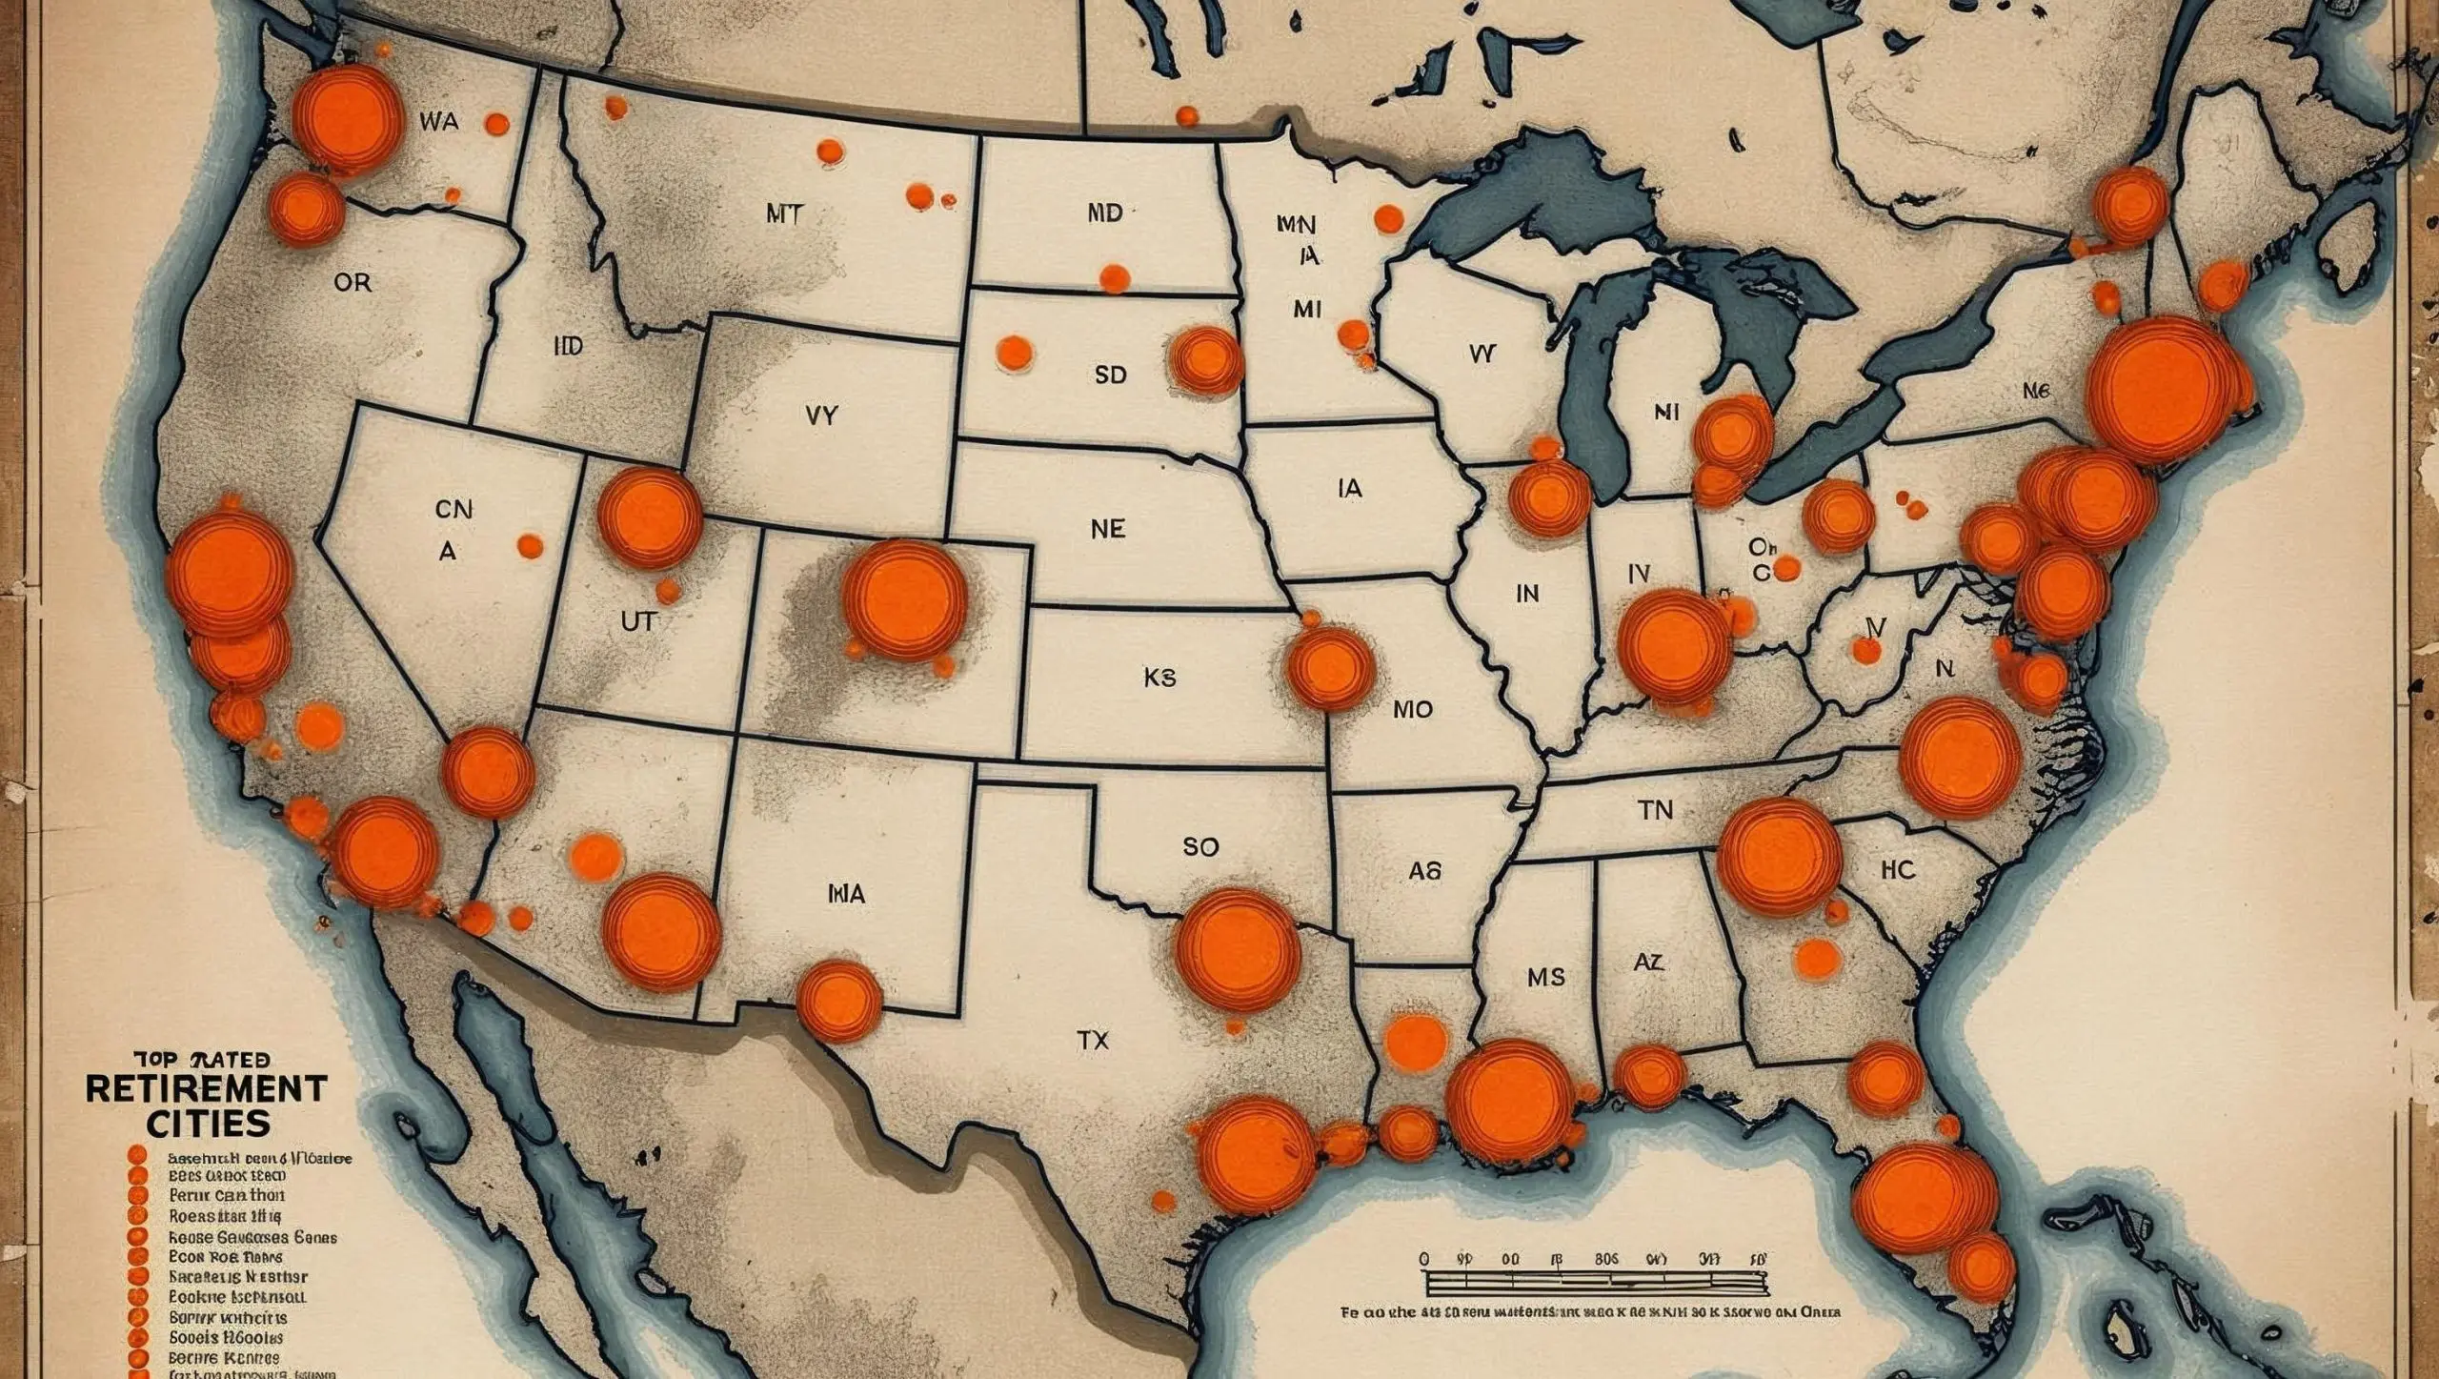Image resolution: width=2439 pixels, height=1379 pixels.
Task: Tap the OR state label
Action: [353, 283]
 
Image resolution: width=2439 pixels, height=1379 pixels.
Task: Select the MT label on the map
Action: [784, 213]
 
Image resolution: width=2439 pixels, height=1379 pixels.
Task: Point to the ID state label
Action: [568, 346]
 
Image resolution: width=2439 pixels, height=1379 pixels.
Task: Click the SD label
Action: [1110, 375]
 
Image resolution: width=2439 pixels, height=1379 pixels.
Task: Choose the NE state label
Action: [1108, 528]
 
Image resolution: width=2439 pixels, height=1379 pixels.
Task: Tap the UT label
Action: [638, 621]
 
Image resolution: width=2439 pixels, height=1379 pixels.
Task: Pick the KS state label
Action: [1159, 678]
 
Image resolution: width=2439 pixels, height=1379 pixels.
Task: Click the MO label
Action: [1412, 710]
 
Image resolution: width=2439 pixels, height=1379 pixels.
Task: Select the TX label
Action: [1093, 1041]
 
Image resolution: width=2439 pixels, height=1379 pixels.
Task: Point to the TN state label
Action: [1655, 810]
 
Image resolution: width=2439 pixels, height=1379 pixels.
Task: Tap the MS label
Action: [1545, 977]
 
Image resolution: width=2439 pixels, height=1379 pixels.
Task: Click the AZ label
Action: [1648, 963]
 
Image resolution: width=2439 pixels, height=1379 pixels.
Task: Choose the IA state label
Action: [1350, 489]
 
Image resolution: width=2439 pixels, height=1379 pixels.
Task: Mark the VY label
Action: [820, 416]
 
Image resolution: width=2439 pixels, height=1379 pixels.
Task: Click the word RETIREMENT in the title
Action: [206, 1087]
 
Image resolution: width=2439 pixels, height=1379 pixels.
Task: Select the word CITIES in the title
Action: [208, 1123]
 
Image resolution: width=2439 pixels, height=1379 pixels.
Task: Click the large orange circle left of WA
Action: [347, 120]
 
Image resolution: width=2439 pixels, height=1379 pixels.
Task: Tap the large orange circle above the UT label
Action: [650, 517]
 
